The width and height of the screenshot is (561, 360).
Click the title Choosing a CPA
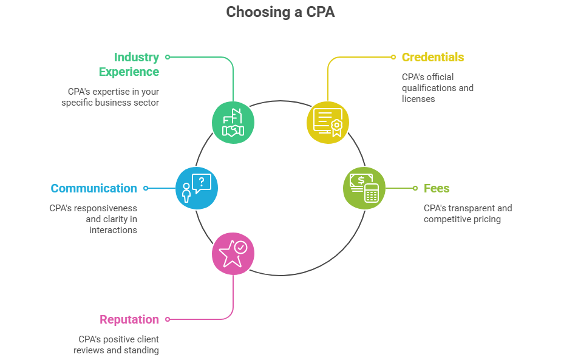pos(280,12)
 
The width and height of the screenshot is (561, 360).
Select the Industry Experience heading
pos(129,64)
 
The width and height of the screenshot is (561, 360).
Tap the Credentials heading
pos(432,57)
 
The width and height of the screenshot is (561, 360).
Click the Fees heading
pos(437,188)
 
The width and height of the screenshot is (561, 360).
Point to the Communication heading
pos(93,188)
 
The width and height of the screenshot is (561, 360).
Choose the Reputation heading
pos(129,319)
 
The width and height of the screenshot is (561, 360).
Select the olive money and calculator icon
pos(364,188)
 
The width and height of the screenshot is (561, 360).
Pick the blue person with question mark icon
pos(197,188)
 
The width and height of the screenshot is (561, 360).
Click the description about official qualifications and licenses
pos(437,88)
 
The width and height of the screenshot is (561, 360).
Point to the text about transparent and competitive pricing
pos(467,214)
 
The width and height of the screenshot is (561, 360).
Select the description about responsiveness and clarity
pos(93,219)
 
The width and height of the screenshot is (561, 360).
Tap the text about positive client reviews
pos(117,345)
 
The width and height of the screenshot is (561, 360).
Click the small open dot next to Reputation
pos(168,319)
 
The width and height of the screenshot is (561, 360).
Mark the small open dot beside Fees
pos(415,188)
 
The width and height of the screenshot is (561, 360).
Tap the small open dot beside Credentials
pos(393,57)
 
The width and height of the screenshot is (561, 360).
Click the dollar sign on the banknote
pos(361,180)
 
